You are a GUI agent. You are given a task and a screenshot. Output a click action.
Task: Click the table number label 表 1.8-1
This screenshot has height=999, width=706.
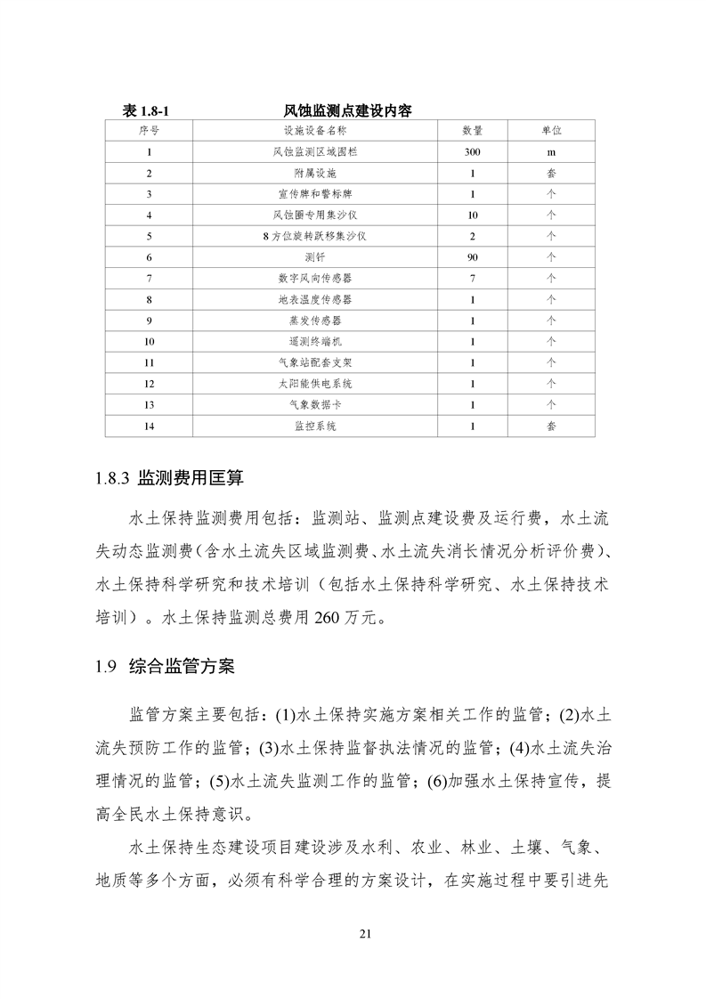point(144,110)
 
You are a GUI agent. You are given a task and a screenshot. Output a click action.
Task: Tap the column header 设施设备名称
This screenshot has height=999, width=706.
point(315,131)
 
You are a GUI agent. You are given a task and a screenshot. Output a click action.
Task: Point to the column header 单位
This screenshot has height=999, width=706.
point(551,131)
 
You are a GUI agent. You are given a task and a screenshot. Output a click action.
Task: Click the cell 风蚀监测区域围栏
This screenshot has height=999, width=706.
point(315,152)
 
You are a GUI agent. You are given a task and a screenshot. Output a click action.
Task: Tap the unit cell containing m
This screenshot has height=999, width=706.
point(551,152)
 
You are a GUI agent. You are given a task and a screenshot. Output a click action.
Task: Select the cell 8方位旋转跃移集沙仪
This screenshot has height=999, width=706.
point(315,237)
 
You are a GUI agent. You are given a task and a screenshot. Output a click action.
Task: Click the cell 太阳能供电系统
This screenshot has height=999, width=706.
point(315,384)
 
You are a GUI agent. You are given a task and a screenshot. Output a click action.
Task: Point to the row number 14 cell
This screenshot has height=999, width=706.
point(149,426)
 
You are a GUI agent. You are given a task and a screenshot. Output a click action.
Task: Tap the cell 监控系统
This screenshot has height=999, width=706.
point(315,426)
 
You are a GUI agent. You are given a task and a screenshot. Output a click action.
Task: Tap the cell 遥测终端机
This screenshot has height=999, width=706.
point(315,342)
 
